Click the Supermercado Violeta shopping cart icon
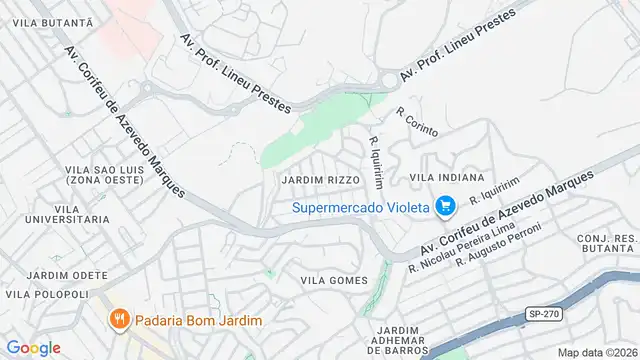pyautogui.click(x=446, y=207)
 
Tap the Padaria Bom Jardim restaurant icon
pyautogui.click(x=119, y=319)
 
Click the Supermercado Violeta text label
pyautogui.click(x=361, y=208)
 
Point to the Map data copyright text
pyautogui.click(x=596, y=352)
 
